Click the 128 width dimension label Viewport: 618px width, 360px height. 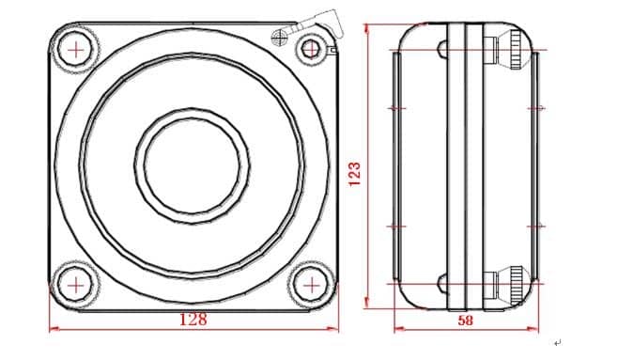(193, 319)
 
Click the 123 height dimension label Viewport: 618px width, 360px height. (354, 174)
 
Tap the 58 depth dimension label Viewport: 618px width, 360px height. (465, 321)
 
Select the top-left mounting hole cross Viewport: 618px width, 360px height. (76, 50)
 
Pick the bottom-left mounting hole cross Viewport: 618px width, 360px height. (76, 286)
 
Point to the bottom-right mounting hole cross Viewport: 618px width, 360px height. (312, 285)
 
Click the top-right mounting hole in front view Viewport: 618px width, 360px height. (310, 49)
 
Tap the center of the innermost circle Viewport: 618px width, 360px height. (192, 165)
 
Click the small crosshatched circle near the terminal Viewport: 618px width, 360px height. (279, 37)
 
